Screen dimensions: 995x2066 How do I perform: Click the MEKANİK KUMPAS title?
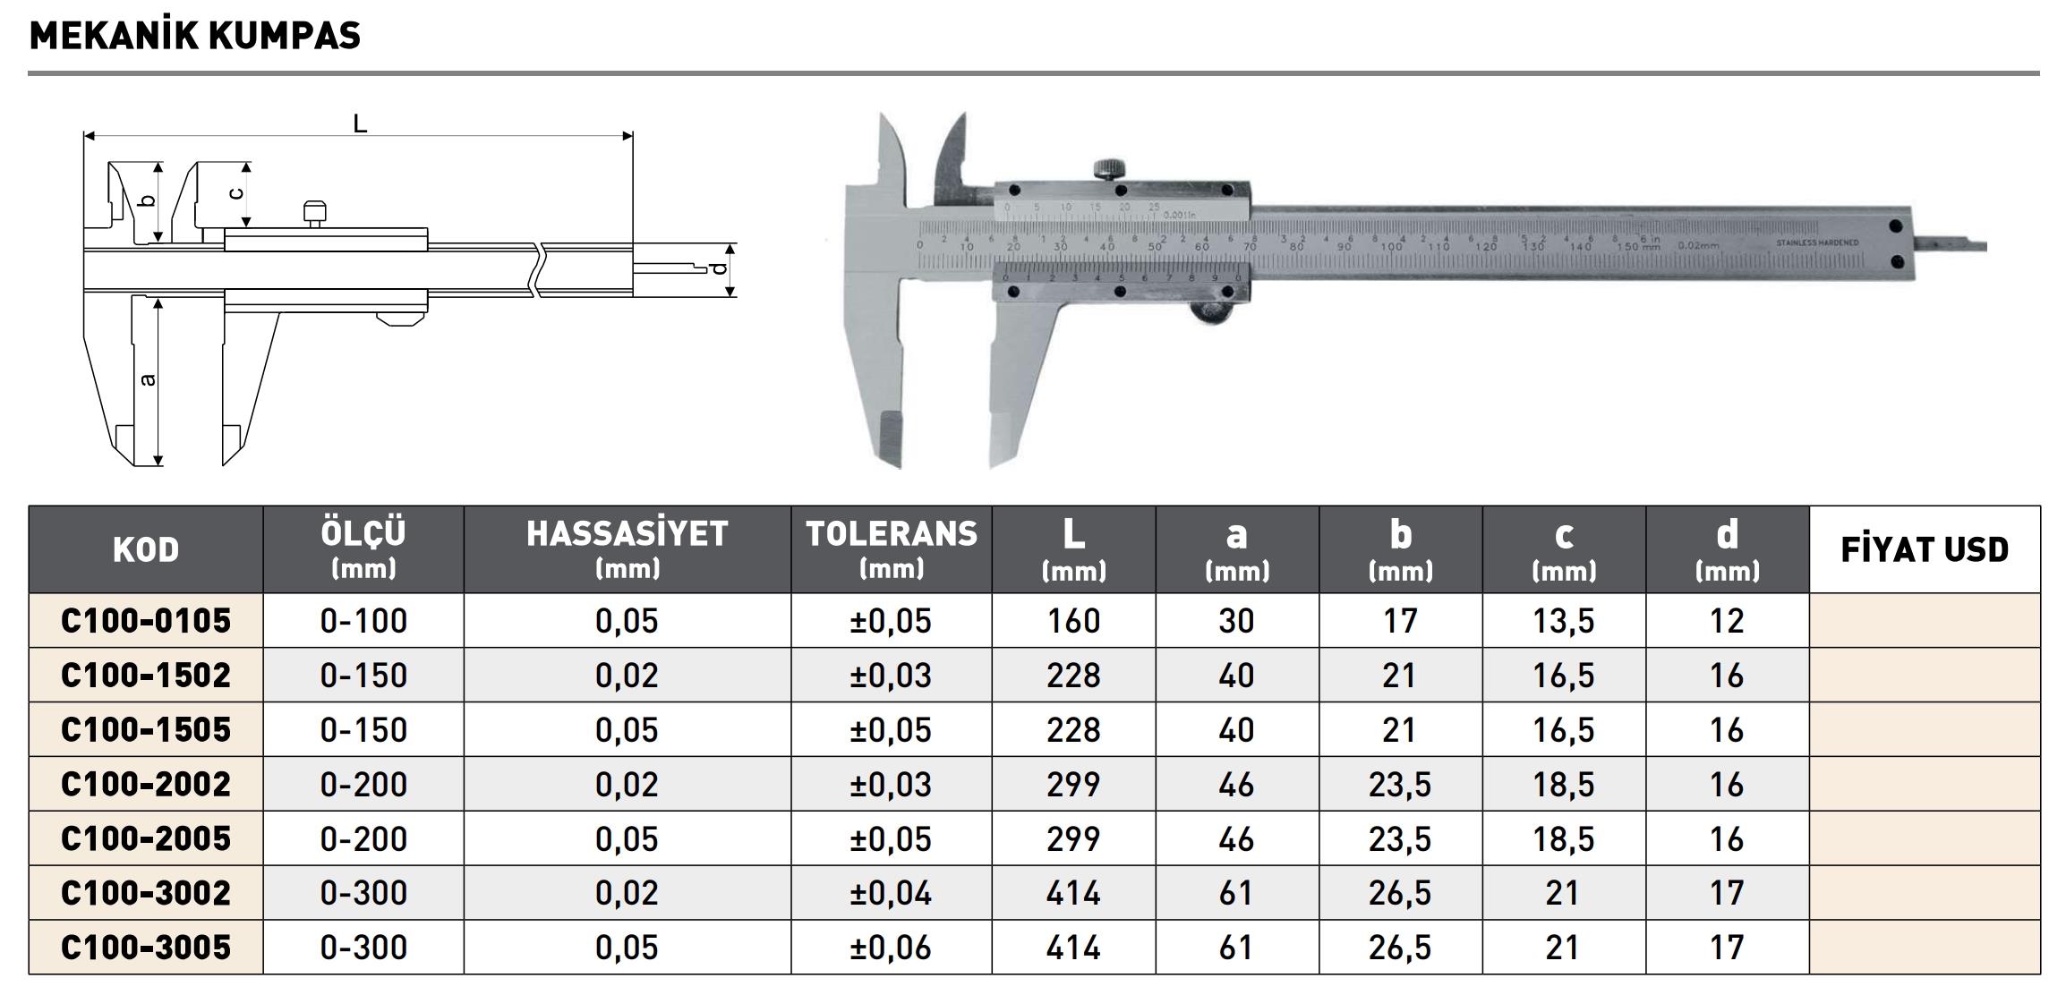(x=195, y=36)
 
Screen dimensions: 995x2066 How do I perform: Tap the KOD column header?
(x=146, y=549)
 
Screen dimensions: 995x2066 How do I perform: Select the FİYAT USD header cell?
(x=1925, y=549)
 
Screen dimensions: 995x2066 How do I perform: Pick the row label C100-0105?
(x=146, y=621)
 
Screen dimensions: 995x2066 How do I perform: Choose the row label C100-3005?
(x=146, y=948)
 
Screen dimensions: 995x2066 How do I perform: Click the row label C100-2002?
(x=146, y=785)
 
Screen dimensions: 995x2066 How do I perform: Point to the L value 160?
(x=1073, y=621)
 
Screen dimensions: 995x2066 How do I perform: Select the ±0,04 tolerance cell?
(x=892, y=893)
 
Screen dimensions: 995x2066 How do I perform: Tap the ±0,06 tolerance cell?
(x=892, y=948)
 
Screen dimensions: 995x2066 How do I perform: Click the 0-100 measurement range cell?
(x=363, y=621)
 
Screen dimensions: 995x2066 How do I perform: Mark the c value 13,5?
(x=1564, y=621)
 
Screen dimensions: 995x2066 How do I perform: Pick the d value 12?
(x=1727, y=621)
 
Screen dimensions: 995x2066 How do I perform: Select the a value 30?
(x=1236, y=621)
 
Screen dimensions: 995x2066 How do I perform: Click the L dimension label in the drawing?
(x=360, y=123)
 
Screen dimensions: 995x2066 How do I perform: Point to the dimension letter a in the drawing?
(x=149, y=380)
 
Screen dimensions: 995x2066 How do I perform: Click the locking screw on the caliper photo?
(x=1111, y=168)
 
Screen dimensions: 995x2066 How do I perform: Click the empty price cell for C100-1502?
(x=1925, y=676)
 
